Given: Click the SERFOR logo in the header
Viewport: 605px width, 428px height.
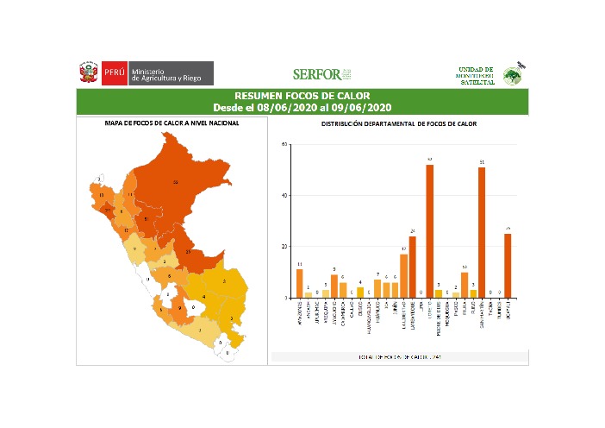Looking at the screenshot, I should [x=321, y=73].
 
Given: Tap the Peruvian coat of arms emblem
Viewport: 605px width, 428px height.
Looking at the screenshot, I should [x=89, y=72].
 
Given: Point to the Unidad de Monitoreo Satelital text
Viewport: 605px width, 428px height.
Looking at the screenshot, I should [x=476, y=74].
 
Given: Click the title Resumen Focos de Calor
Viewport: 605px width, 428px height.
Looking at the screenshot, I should [x=302, y=95].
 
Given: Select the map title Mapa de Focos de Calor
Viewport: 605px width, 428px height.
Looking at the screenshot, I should [x=172, y=123].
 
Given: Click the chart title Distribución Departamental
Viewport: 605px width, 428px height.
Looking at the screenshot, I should [x=399, y=124].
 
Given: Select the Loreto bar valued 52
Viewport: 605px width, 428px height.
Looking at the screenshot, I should [x=429, y=231].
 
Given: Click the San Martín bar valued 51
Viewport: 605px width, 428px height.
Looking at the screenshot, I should [x=482, y=232].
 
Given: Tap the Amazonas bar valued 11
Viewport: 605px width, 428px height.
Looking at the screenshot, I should [x=299, y=283].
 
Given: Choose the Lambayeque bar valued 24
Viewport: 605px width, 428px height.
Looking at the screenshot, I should [x=413, y=267].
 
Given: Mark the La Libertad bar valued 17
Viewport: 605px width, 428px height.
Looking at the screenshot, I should [x=403, y=275].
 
